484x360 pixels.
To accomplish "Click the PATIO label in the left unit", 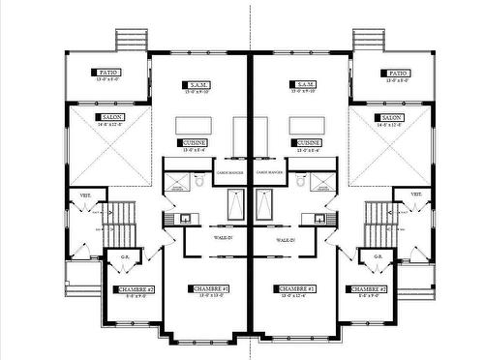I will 106,73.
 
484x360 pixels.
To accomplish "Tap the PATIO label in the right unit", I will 396,73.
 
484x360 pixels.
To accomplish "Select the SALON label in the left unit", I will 109,117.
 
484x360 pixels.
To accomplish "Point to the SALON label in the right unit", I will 392,117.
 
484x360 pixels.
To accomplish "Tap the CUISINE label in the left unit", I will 194,142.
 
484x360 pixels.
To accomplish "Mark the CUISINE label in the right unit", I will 308,142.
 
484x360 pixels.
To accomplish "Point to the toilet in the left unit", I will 199,180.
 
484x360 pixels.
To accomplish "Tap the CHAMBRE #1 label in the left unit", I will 210,288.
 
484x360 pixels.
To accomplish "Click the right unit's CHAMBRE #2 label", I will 367,289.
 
